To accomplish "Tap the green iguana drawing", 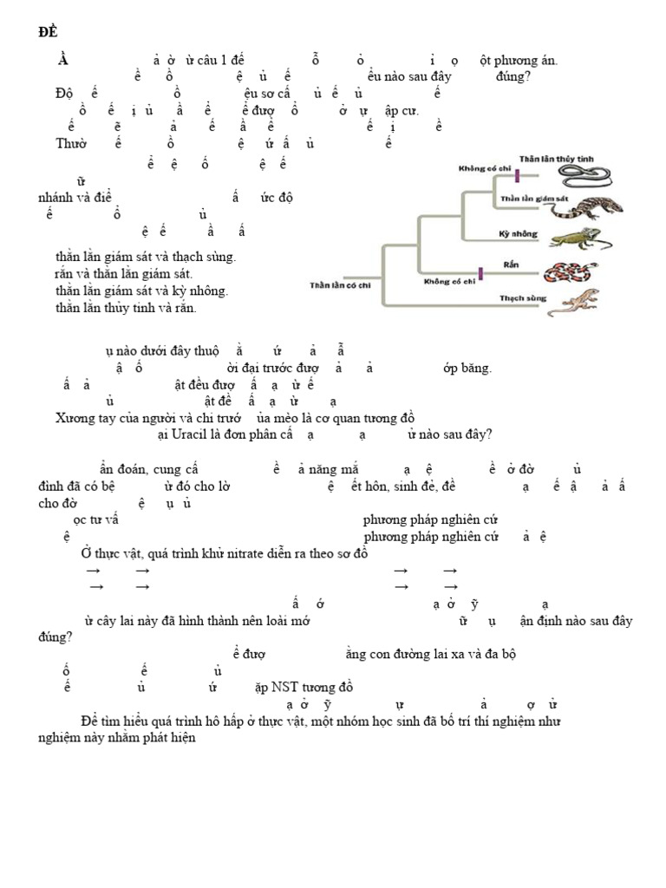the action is (579, 237).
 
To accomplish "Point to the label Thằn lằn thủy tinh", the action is (556, 159).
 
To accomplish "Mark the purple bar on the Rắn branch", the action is (480, 273).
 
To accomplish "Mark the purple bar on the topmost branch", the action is (517, 176).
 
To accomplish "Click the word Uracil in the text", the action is (191, 434).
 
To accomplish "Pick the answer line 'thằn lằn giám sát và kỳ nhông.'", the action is (141, 291).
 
